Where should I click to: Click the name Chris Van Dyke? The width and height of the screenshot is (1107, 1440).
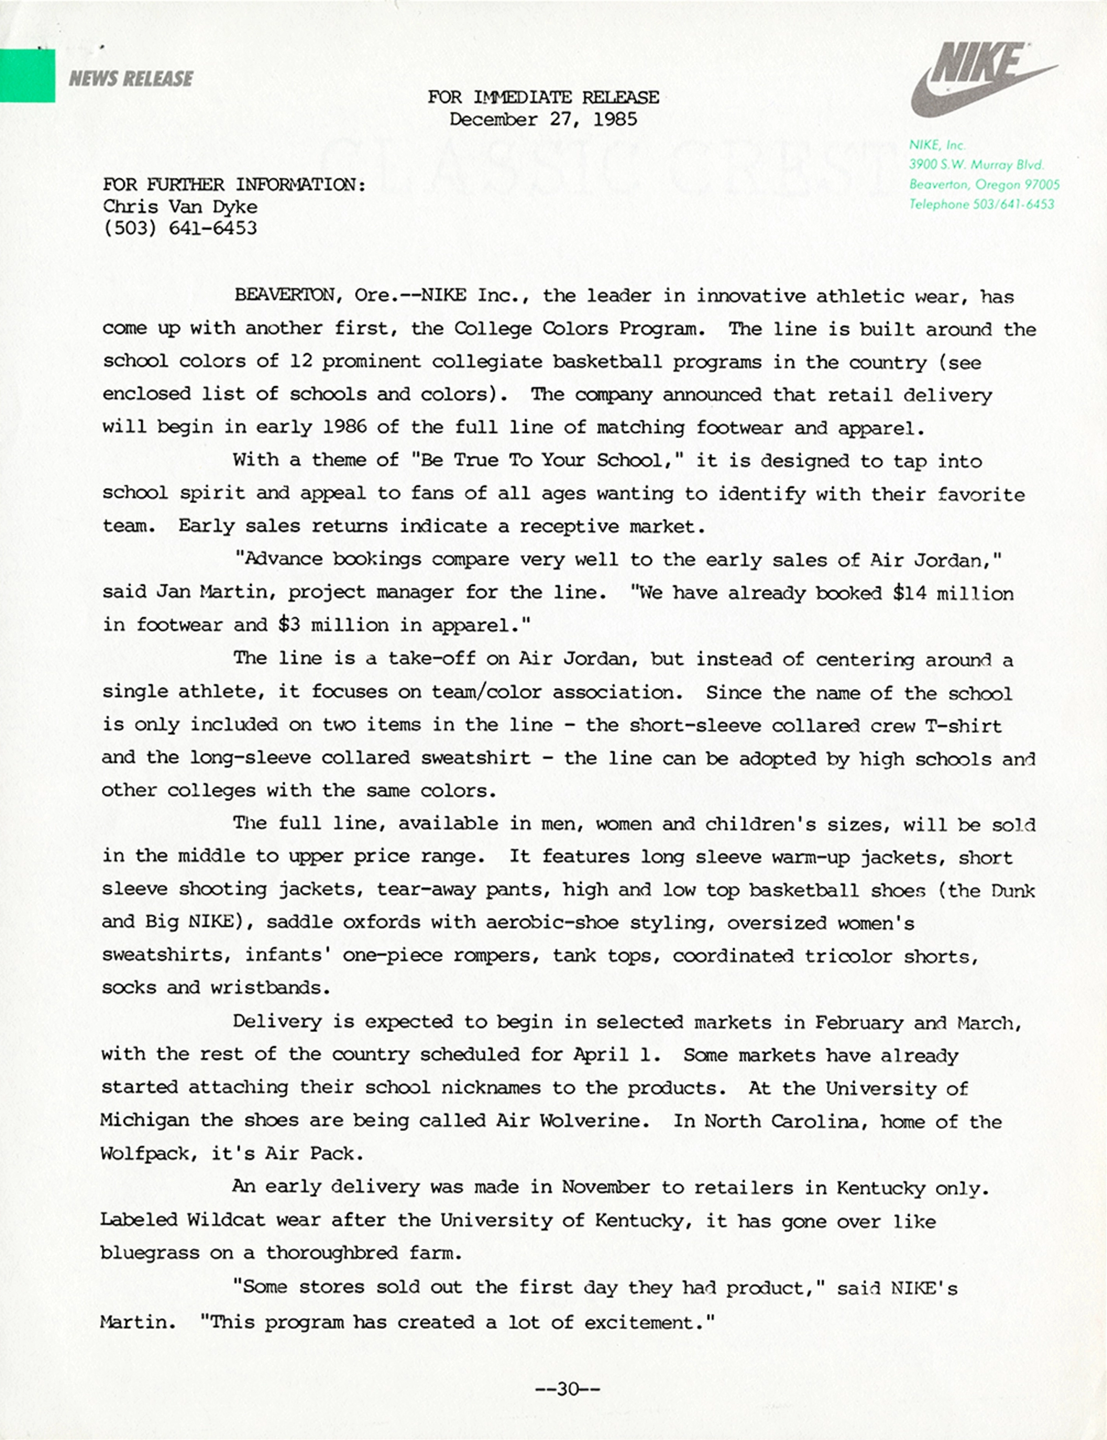pyautogui.click(x=180, y=207)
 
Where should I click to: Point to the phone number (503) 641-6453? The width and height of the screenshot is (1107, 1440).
pyautogui.click(x=180, y=228)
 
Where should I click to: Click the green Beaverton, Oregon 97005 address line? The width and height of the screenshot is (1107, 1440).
pyautogui.click(x=984, y=185)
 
